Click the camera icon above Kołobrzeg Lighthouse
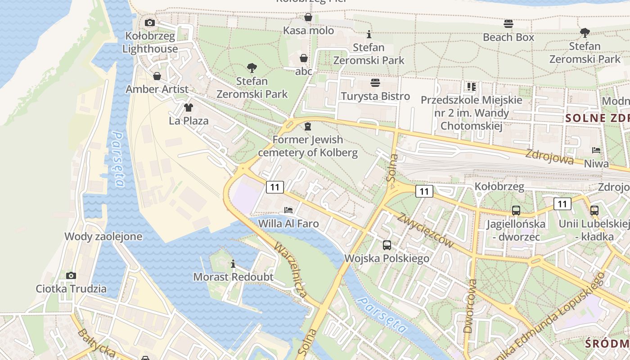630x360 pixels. (x=150, y=22)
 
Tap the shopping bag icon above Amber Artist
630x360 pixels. (x=157, y=76)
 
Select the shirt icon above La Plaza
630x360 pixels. (x=188, y=108)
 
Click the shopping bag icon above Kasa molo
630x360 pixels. (x=308, y=17)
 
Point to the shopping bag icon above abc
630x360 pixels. (x=304, y=58)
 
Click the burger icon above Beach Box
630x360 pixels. (x=508, y=23)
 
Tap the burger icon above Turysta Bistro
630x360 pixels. (x=375, y=83)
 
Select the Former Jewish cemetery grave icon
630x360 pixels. (x=308, y=126)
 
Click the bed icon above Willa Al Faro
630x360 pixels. (x=288, y=210)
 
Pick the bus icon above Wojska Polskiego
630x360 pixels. (x=387, y=245)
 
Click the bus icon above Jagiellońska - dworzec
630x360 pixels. (x=516, y=210)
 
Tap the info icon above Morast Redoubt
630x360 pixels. (x=233, y=264)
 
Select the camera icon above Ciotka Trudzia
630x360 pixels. (x=71, y=275)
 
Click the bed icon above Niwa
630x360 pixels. (x=596, y=150)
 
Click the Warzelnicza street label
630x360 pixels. (x=291, y=271)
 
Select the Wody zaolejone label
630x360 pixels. (x=103, y=236)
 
